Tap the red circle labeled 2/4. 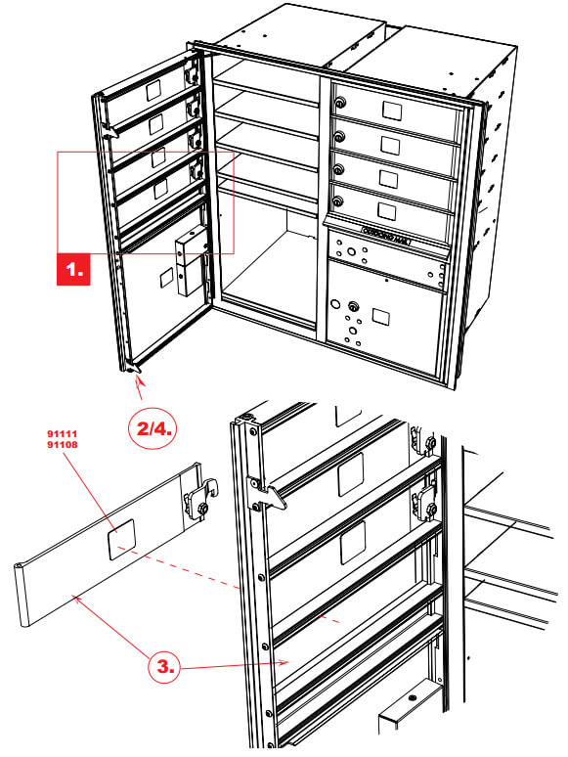click(x=154, y=428)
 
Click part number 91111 click(x=65, y=432)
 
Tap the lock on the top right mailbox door click(x=339, y=103)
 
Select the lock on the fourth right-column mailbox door click(x=339, y=201)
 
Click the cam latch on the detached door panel click(x=200, y=501)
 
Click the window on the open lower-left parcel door click(x=162, y=276)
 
